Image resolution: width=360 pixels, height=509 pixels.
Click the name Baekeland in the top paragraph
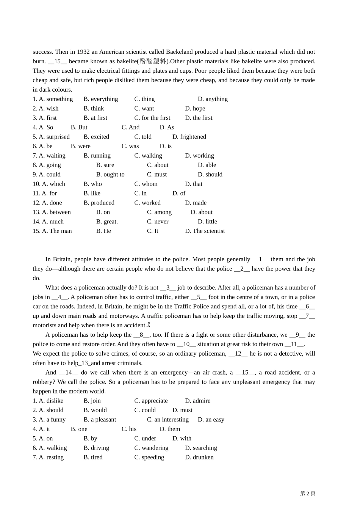coord(179,52)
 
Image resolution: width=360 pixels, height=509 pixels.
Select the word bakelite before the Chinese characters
coord(126,61)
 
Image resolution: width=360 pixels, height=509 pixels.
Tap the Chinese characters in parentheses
coord(153,61)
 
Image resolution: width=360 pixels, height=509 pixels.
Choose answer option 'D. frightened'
coord(189,137)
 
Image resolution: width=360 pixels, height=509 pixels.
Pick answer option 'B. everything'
coord(101,99)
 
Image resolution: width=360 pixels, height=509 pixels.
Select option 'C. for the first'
coord(152,118)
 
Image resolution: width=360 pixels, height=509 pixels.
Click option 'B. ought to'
coord(110,175)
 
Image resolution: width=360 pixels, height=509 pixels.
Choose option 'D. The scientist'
coord(205,231)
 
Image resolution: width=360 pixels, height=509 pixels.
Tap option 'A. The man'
coord(52,231)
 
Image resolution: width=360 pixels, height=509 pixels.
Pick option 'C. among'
coord(159,212)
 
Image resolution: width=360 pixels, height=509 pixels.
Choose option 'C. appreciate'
coord(151,401)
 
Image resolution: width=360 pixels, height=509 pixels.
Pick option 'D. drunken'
coord(199,457)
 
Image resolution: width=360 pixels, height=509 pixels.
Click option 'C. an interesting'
coord(167,420)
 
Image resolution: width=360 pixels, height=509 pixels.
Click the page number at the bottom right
coord(308,493)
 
